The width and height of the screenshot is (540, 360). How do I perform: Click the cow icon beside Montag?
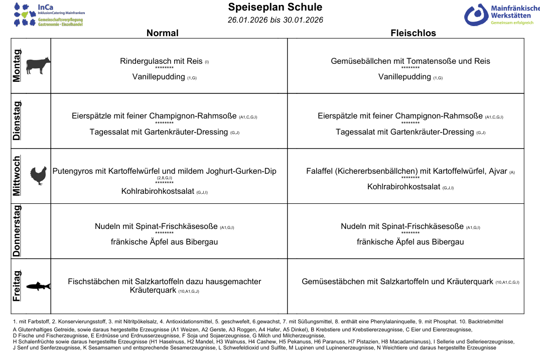pyautogui.click(x=38, y=65)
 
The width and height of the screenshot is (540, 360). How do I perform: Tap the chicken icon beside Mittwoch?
pyautogui.click(x=39, y=176)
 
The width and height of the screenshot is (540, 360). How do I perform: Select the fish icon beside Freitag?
pyautogui.click(x=39, y=286)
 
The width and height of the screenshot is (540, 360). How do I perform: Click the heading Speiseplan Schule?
pyautogui.click(x=275, y=7)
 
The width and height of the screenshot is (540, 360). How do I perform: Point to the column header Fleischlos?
pyautogui.click(x=413, y=33)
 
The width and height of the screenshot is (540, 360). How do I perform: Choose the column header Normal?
pyautogui.click(x=162, y=33)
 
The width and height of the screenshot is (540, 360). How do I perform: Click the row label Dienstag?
pyautogui.click(x=17, y=121)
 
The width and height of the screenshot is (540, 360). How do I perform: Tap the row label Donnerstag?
pyautogui.click(x=17, y=231)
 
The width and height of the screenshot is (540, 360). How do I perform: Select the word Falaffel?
pyautogui.click(x=321, y=171)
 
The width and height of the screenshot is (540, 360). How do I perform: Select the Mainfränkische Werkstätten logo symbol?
pyautogui.click(x=476, y=15)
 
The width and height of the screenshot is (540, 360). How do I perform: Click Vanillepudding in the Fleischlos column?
pyautogui.click(x=404, y=77)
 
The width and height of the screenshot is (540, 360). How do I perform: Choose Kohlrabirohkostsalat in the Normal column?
pyautogui.click(x=158, y=191)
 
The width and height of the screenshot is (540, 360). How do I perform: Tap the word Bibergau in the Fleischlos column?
pyautogui.click(x=448, y=242)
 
